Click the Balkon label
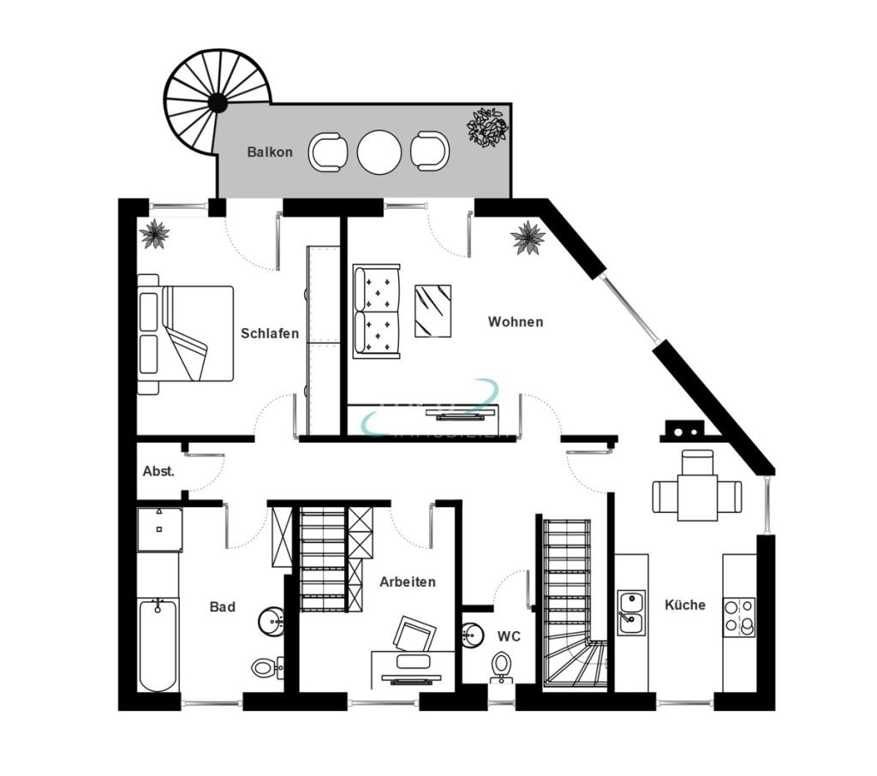[x=270, y=152]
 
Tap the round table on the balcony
[x=379, y=152]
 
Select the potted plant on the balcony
[x=487, y=127]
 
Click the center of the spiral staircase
[x=218, y=103]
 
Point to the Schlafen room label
[x=270, y=333]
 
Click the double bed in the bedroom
[x=186, y=333]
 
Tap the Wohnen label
[x=516, y=322]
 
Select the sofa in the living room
[x=376, y=310]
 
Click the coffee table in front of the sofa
[x=433, y=310]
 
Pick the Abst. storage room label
[x=158, y=471]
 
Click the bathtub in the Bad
[x=158, y=645]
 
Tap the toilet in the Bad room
[x=264, y=666]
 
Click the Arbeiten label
[x=408, y=582]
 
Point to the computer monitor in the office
[x=414, y=635]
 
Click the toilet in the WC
[x=502, y=666]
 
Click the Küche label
[x=685, y=605]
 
